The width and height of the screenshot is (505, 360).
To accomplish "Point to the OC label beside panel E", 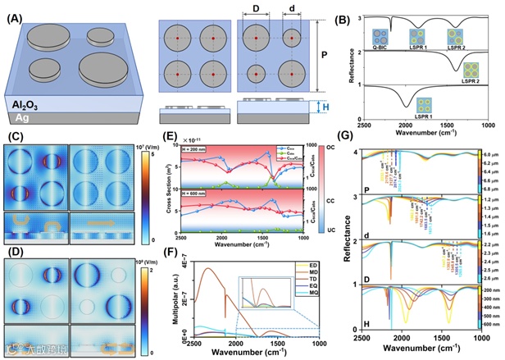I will pyautogui.click(x=330, y=148).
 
